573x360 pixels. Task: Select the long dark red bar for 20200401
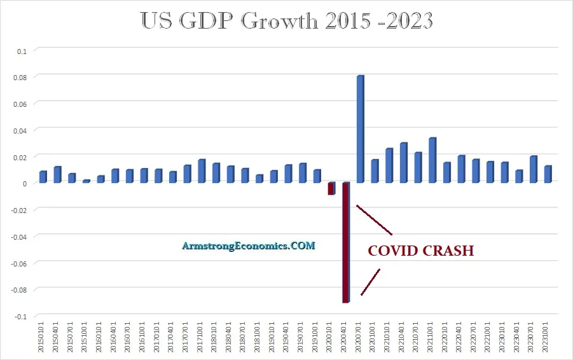(346, 242)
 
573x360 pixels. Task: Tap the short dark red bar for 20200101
(331, 188)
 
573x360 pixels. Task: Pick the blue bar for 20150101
(43, 177)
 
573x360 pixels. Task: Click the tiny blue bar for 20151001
(86, 181)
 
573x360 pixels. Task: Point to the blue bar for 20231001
(548, 174)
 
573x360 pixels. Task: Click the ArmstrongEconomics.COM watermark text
(248, 246)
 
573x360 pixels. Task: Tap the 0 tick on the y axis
(25, 183)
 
